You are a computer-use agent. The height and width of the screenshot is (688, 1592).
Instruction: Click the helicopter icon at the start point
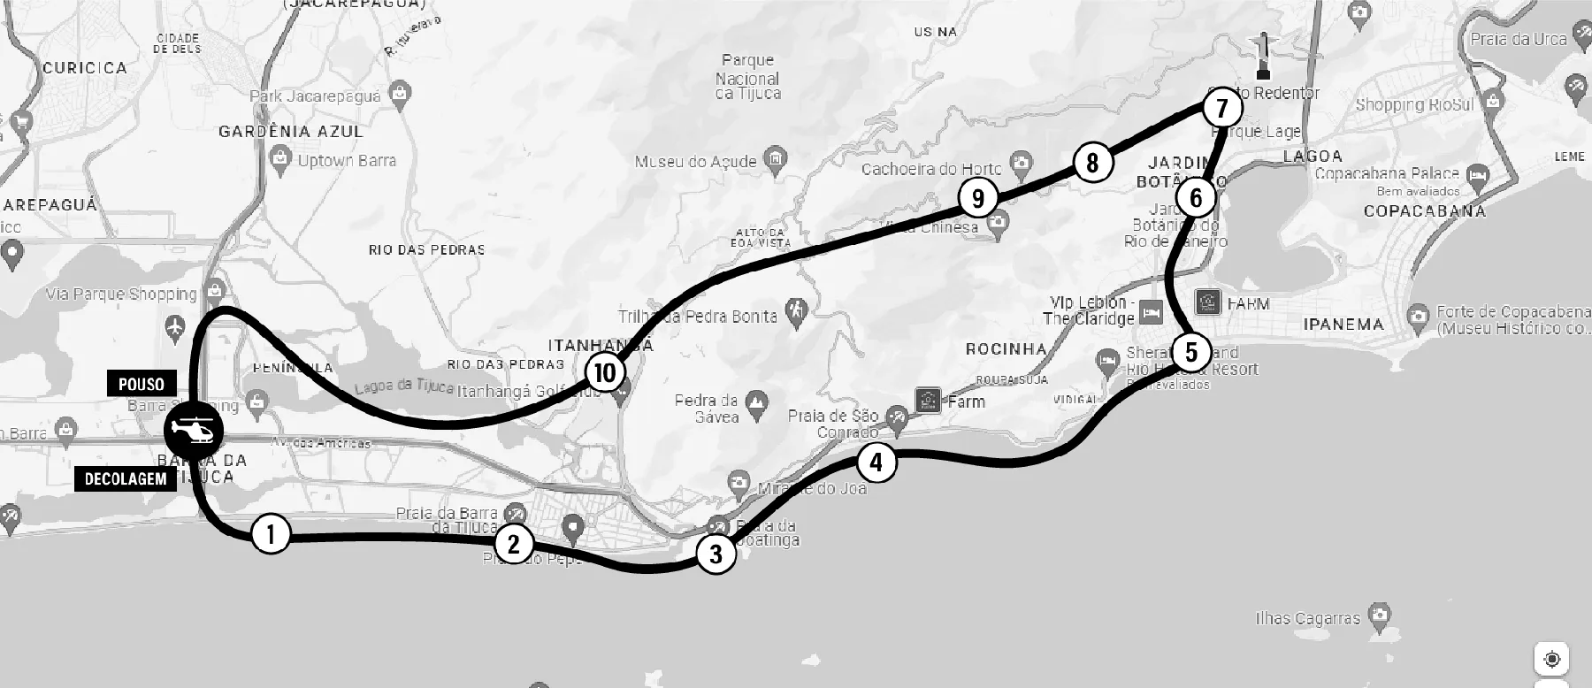coord(194,431)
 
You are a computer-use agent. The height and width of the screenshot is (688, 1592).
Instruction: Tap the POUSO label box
coord(142,384)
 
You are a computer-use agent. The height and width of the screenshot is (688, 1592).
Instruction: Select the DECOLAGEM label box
coord(126,479)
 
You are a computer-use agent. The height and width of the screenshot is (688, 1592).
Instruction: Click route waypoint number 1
coord(272,534)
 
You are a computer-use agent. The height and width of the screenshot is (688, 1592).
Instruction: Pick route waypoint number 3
coord(716,554)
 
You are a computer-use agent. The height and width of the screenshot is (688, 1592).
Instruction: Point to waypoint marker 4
coord(876,462)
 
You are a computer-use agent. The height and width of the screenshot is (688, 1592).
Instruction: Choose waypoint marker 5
coord(1191,352)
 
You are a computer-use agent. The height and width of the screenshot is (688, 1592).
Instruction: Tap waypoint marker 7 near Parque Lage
coord(1222,109)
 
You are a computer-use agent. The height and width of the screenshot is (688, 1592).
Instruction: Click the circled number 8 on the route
coord(1092,163)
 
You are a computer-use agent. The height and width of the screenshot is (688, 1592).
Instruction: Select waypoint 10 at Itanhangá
coord(605,372)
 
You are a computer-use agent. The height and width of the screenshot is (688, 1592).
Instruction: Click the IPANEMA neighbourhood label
coord(1343,325)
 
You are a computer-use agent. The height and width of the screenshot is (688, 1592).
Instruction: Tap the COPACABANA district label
coord(1424,211)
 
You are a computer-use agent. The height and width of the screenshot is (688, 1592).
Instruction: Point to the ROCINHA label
coord(1006,349)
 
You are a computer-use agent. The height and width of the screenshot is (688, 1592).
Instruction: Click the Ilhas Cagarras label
coord(1307,618)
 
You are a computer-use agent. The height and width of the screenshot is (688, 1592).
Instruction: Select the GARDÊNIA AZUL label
coord(291,132)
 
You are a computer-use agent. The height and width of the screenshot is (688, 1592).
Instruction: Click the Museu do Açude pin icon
coord(774,160)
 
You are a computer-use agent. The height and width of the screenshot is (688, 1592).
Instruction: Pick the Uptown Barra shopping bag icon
coord(281,160)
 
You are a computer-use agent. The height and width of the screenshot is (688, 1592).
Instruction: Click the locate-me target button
coord(1551,659)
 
